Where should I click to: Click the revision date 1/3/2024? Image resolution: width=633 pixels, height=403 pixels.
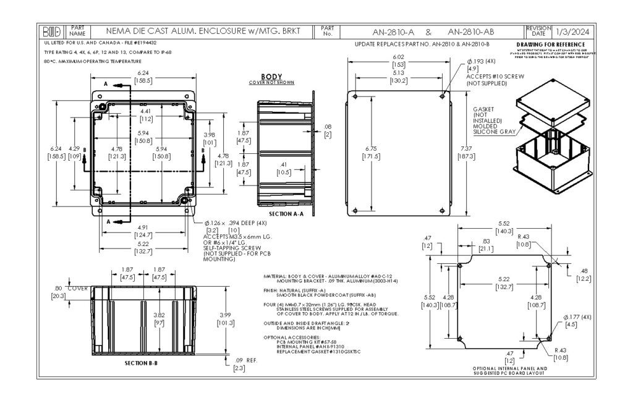(x=572, y=30)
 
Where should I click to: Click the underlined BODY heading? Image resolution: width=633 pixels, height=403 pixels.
(x=271, y=76)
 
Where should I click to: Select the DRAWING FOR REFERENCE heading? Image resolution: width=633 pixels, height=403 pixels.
(x=550, y=45)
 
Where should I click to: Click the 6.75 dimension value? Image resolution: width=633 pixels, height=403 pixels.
(x=372, y=149)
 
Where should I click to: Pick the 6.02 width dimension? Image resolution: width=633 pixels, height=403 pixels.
(x=399, y=57)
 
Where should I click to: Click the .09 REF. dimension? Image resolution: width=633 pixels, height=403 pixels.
(x=242, y=360)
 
